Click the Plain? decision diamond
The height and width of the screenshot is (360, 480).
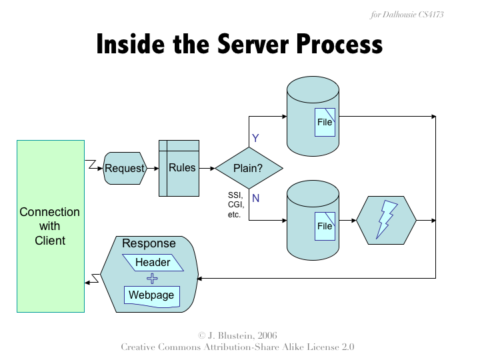point(249,168)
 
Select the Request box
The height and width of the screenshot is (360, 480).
point(125,168)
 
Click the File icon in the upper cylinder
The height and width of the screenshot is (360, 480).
point(325,122)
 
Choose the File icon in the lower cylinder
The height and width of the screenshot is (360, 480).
point(325,226)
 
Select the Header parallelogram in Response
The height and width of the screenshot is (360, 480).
point(153,263)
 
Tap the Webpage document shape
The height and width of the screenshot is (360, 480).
point(152,295)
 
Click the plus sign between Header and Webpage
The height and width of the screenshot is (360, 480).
point(152,279)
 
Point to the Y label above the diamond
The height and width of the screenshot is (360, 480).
point(255,138)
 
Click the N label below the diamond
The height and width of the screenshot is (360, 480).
point(255,198)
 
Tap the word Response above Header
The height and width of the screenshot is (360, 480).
point(149,243)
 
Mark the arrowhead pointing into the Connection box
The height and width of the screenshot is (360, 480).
point(88,283)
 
